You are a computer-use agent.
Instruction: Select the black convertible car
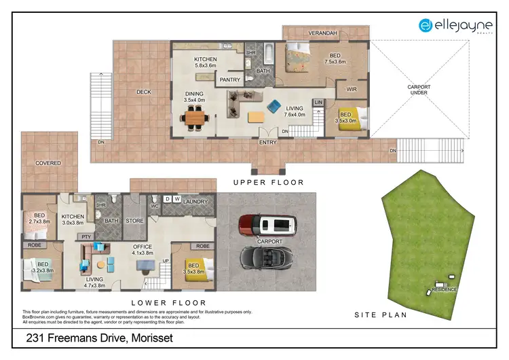point(267,256)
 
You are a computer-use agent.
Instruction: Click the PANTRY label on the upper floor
point(227,79)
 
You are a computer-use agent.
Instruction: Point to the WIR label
point(351,89)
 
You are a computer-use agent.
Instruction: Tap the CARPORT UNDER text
point(419,90)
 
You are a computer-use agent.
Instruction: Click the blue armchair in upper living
point(274,106)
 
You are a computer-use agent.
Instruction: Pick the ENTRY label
point(267,143)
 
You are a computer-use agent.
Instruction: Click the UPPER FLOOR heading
point(268,182)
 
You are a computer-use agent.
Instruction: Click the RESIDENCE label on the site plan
point(446,289)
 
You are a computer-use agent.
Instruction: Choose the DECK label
point(143,92)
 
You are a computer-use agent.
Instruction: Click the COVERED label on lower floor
point(48,163)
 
